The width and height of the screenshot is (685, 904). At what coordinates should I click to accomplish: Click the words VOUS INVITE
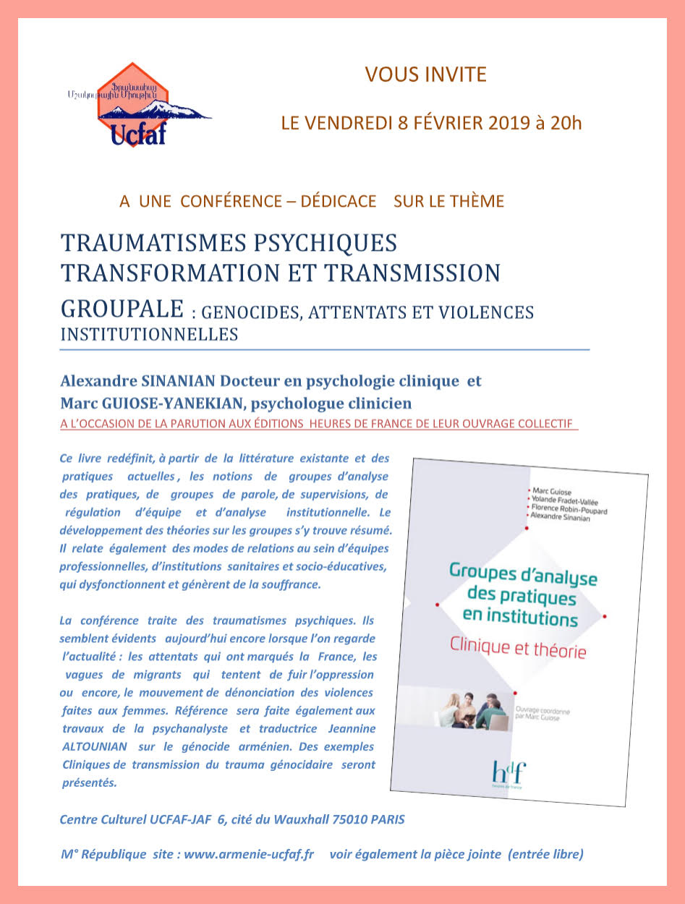(x=426, y=74)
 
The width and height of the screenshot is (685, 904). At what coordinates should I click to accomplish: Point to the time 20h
(x=566, y=122)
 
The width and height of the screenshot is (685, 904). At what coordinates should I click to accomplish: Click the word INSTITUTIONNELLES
(x=150, y=335)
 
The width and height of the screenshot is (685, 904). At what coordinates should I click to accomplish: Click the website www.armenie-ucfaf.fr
(x=249, y=854)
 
